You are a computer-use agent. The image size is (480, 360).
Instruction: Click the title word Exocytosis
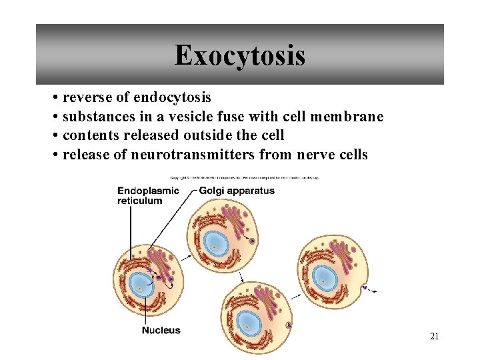click(240, 55)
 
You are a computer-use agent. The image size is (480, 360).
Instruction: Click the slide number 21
click(434, 337)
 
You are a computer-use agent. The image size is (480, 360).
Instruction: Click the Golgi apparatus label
click(237, 191)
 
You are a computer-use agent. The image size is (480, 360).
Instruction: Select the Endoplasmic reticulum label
click(148, 195)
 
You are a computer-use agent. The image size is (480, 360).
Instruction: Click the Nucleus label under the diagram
click(161, 330)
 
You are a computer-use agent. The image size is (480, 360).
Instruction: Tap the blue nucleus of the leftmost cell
click(141, 285)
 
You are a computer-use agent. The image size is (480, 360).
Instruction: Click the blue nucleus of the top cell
click(216, 244)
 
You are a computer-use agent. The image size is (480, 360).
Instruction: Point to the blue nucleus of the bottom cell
click(249, 323)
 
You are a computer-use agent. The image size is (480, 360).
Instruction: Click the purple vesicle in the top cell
click(252, 239)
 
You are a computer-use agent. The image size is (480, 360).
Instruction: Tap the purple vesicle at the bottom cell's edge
click(289, 325)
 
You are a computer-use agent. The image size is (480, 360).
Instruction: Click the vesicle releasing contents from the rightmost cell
click(365, 288)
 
